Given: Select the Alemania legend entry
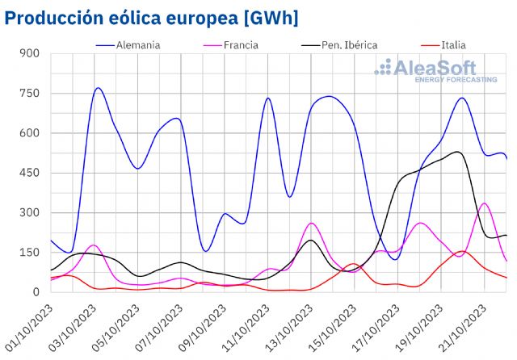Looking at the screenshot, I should tap(138, 45).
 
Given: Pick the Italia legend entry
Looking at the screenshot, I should tap(452, 45).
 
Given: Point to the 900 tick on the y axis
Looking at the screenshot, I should tap(30, 54).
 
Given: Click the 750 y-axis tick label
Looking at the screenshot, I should tap(30, 94).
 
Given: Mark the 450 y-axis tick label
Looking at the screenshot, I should tap(30, 173).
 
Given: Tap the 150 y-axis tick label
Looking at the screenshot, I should tap(30, 253).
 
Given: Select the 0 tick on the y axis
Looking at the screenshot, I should tap(36, 292).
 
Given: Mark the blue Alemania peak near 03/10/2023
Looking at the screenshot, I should tap(98, 88).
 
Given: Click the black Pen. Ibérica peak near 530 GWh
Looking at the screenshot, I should tap(457, 152).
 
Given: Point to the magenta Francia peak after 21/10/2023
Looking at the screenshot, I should tap(484, 203).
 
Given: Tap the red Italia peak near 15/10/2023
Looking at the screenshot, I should tap(353, 264).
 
